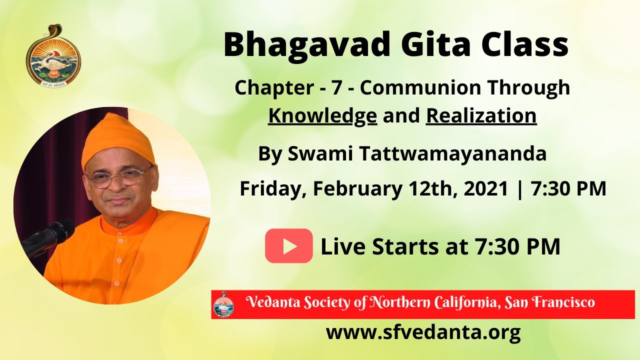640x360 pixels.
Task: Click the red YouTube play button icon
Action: tap(288, 245)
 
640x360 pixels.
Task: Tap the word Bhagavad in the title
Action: tap(306, 45)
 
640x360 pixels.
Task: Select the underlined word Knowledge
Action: tap(322, 115)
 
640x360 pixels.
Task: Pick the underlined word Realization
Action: tap(481, 115)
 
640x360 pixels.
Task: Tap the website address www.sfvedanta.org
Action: tap(423, 332)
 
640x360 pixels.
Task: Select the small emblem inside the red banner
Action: tap(223, 304)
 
